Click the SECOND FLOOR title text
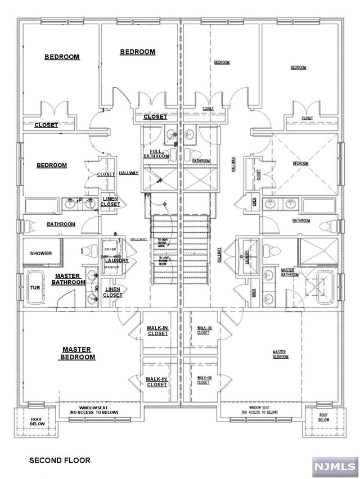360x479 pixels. pyautogui.click(x=60, y=460)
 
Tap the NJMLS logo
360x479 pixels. pyautogui.click(x=335, y=467)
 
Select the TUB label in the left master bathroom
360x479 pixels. pyautogui.click(x=35, y=287)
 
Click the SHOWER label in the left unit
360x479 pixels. pyautogui.click(x=40, y=254)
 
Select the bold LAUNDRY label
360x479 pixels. pyautogui.click(x=117, y=260)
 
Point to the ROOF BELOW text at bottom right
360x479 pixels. pyautogui.click(x=323, y=417)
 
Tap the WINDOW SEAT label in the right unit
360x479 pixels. pyautogui.click(x=260, y=409)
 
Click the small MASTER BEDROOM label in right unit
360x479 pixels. pyautogui.click(x=280, y=353)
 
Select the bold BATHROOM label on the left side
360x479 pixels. pyautogui.click(x=61, y=224)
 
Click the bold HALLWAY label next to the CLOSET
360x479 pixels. pyautogui.click(x=129, y=173)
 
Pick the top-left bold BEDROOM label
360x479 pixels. pyautogui.click(x=62, y=57)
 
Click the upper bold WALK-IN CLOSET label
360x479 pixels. pyautogui.click(x=157, y=330)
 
